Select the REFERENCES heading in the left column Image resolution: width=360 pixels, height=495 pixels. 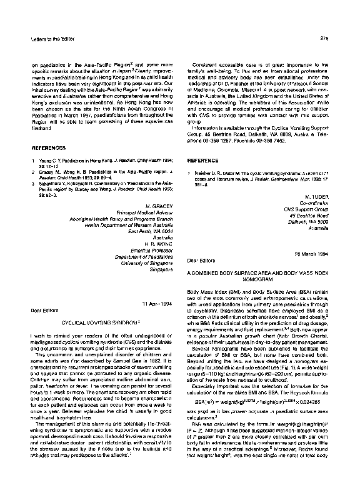(48, 148)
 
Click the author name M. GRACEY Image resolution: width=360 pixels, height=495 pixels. (158, 205)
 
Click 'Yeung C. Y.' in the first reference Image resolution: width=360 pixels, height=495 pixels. (50, 161)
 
